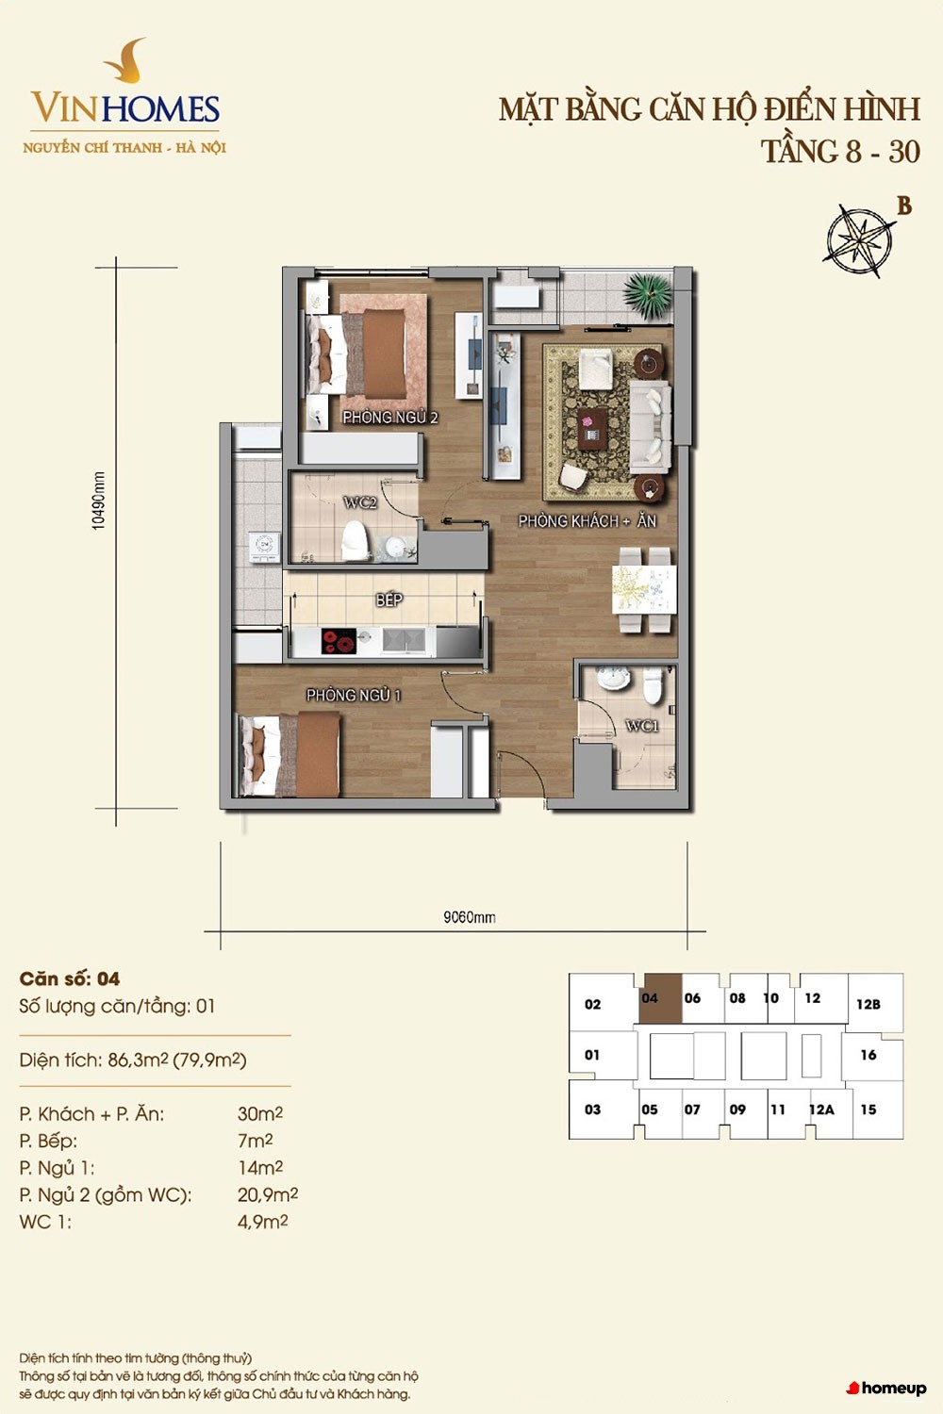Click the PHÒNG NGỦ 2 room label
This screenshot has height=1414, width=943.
coord(389,418)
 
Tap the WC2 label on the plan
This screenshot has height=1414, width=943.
coord(360,503)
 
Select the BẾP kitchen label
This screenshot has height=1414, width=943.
coord(389,599)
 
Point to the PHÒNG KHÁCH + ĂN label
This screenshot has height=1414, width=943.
coord(587,520)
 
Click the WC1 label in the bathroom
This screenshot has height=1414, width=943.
coord(642,726)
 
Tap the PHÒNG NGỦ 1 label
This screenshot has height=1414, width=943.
coord(354,695)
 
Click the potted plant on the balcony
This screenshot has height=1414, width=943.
coord(648,295)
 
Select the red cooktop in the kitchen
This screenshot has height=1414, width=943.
coord(339,641)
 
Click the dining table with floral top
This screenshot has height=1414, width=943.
coord(644,589)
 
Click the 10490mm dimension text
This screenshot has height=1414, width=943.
coord(98,501)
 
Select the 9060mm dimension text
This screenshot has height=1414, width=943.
coord(469,917)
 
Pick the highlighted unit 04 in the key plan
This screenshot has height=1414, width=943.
coord(661,998)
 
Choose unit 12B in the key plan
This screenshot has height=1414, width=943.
coord(869,1004)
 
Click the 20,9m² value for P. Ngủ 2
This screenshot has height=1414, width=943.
coord(268,1194)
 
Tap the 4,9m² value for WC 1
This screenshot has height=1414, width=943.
coord(263,1222)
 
